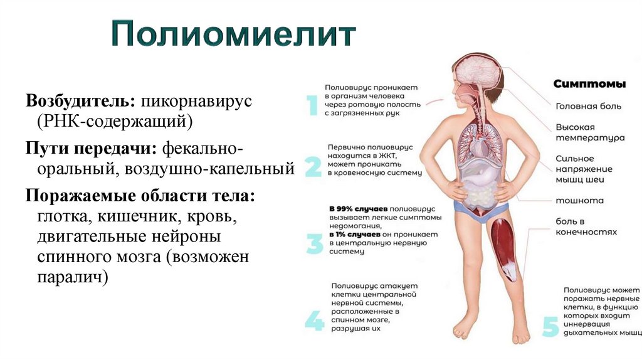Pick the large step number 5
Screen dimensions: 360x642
tap(550, 327)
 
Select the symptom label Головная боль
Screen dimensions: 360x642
tap(588, 107)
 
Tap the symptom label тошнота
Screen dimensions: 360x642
tap(579, 201)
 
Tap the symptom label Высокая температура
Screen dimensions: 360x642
tap(589, 132)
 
